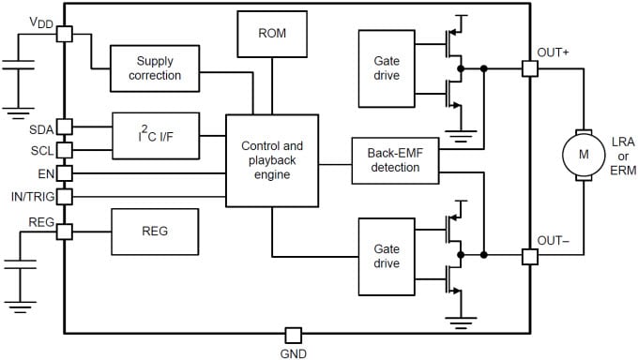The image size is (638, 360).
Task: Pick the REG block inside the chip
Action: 155,232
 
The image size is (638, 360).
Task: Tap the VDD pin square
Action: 64,33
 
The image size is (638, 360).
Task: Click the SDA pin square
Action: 64,127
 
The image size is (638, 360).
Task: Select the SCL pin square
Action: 64,149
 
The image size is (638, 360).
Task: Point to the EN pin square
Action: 64,172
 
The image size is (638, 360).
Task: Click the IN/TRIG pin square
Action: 64,196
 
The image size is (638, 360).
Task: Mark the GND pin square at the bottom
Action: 293,335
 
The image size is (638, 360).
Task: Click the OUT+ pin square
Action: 529,68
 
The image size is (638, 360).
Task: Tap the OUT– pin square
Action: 529,255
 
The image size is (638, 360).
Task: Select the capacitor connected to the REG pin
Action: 19,264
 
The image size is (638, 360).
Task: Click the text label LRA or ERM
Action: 617,154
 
